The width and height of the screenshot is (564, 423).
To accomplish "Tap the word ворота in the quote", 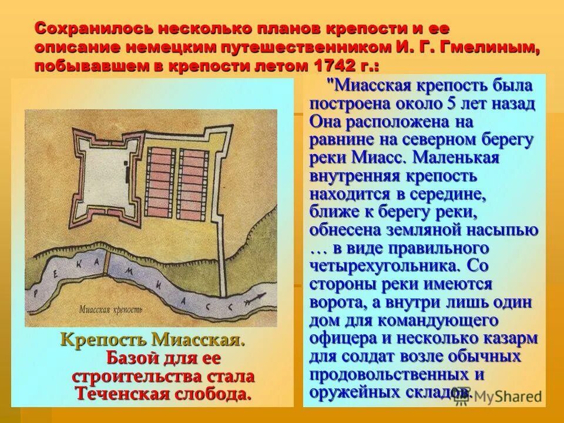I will pos(335,303).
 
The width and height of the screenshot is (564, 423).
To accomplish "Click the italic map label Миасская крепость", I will pos(110,308).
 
